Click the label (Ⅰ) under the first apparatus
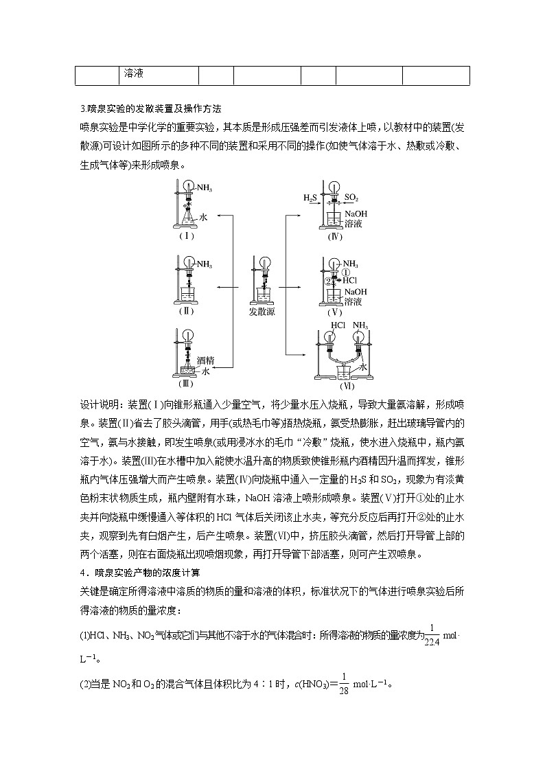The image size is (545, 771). click(x=186, y=235)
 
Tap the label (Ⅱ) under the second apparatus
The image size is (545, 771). click(x=186, y=310)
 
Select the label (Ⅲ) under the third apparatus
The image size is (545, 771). click(x=185, y=383)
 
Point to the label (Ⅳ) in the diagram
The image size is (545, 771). click(x=334, y=237)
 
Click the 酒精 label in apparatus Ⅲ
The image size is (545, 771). click(x=205, y=359)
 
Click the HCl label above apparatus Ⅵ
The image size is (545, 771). click(x=338, y=325)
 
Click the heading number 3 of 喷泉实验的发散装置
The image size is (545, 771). click(x=82, y=108)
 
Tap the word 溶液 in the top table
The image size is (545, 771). click(x=133, y=73)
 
